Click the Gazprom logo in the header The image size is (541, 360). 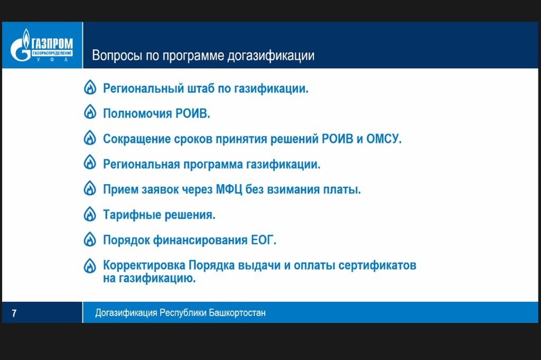pyautogui.click(x=42, y=45)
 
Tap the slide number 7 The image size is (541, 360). pyautogui.click(x=14, y=313)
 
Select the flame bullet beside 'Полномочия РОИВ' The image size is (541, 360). pyautogui.click(x=90, y=112)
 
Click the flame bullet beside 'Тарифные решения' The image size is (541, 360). pyautogui.click(x=90, y=214)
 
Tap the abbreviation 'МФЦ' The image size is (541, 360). pyautogui.click(x=229, y=190)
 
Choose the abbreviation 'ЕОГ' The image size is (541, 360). pyautogui.click(x=263, y=240)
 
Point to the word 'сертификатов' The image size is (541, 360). pyautogui.click(x=377, y=265)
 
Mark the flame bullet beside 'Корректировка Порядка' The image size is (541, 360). pyautogui.click(x=90, y=266)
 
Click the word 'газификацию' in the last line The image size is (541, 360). pyautogui.click(x=157, y=278)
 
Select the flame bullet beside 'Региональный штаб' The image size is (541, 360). pyautogui.click(x=90, y=87)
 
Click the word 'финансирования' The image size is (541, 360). pyautogui.click(x=200, y=240)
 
